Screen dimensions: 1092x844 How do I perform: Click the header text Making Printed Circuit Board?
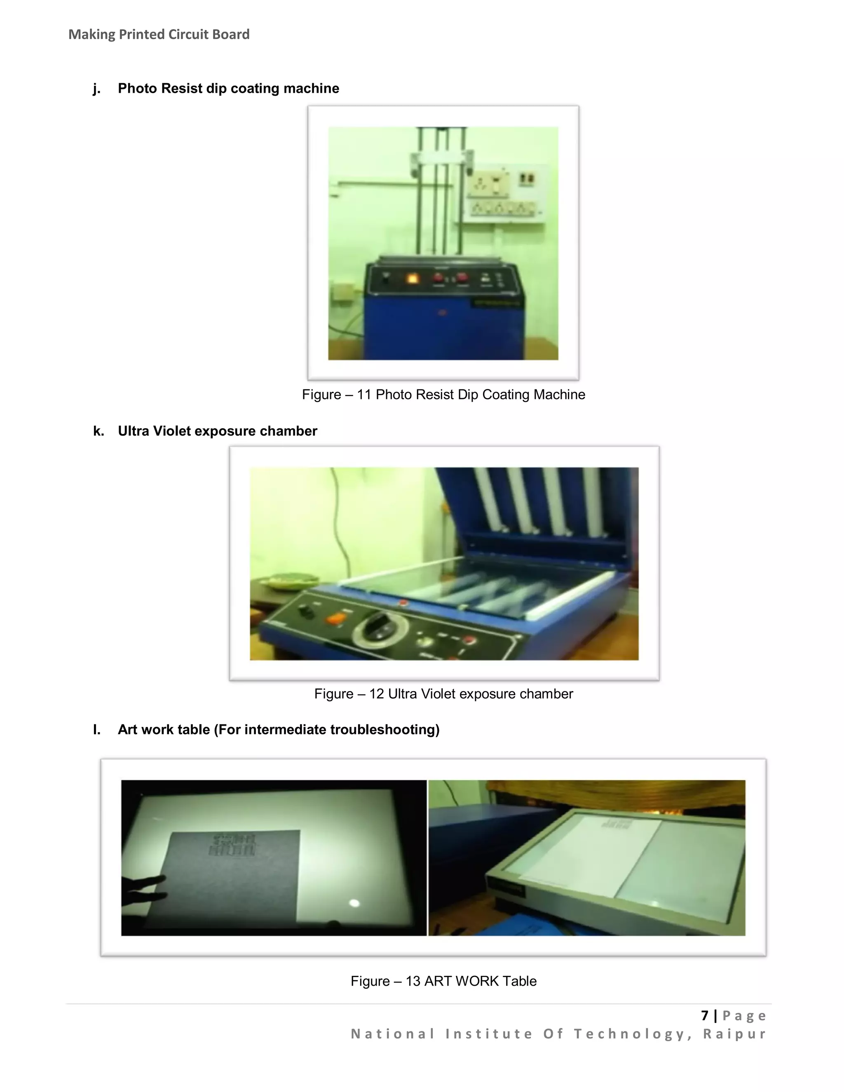tap(159, 35)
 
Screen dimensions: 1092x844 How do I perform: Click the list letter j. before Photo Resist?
tap(96, 89)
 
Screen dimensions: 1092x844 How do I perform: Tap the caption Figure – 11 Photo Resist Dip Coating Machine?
tap(443, 394)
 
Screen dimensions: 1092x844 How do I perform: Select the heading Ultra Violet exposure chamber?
tap(217, 431)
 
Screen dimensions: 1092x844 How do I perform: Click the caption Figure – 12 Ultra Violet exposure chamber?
tap(443, 694)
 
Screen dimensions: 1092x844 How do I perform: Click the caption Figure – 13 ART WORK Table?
tap(443, 981)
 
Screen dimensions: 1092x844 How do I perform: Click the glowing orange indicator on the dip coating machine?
tap(413, 279)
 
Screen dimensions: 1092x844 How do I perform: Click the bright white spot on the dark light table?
tap(354, 902)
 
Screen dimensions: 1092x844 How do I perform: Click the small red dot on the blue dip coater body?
tap(441, 314)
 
